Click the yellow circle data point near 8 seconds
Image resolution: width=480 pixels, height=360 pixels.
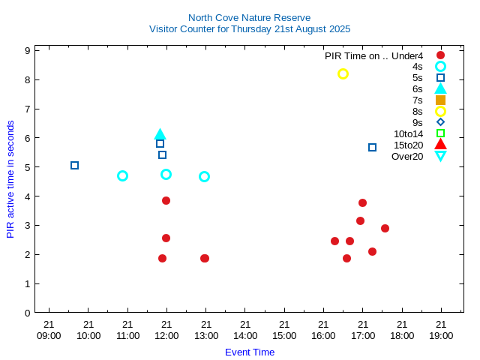point(343,73)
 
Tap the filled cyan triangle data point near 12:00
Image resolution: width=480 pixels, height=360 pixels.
point(160,134)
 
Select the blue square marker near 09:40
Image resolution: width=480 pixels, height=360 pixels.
point(74,165)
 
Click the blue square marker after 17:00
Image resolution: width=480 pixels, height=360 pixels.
point(372,147)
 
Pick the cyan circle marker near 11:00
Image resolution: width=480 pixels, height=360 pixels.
point(122,175)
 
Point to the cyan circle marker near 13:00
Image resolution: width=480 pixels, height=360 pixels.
point(204,176)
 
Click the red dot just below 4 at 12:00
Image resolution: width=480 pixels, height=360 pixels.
point(166,200)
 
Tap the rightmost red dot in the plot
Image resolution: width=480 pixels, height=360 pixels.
point(385,228)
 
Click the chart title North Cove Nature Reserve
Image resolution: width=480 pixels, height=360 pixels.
point(249,17)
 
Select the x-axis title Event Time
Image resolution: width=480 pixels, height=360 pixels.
point(250,352)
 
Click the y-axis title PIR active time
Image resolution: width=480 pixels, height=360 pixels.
point(10,178)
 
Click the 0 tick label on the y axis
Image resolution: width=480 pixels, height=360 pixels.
point(27,313)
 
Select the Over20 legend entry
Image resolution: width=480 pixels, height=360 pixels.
point(407,156)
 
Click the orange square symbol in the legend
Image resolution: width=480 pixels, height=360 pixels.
point(440,100)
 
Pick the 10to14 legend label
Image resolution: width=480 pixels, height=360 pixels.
point(408,133)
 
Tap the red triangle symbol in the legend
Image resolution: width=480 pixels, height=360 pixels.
point(440,144)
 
